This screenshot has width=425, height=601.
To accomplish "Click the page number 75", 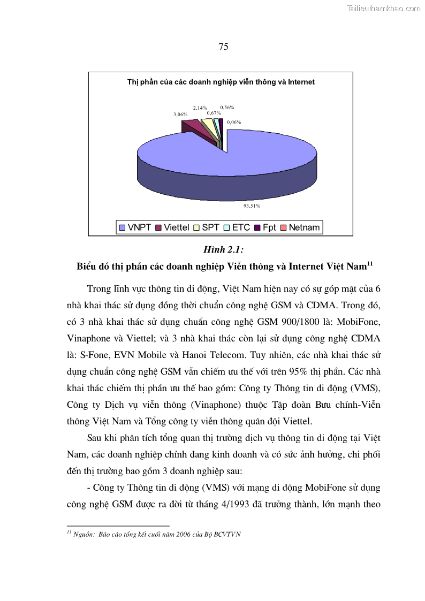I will point(224,47).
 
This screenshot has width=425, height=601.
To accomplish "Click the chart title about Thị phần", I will point(221,82).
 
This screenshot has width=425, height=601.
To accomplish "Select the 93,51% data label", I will point(252,205).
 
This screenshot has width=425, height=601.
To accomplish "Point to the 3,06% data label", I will point(180,115).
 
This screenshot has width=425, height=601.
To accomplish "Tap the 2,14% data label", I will point(200,108).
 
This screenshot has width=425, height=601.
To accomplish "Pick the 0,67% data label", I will point(214,113).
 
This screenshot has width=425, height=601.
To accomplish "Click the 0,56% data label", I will point(227,108).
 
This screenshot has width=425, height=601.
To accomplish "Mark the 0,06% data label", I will point(234,122).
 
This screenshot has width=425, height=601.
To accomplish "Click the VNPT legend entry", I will point(135,227).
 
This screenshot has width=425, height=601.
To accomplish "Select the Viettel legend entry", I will point(172,227).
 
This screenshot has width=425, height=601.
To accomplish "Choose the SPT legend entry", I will point(207,227).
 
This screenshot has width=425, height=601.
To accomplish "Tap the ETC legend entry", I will point(237,227).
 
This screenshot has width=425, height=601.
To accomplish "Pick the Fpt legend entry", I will point(265,227).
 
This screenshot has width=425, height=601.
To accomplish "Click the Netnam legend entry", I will point(300,227).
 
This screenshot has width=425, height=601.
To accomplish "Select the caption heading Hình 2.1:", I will point(223,250).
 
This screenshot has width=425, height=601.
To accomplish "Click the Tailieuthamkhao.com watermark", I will point(384,8).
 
